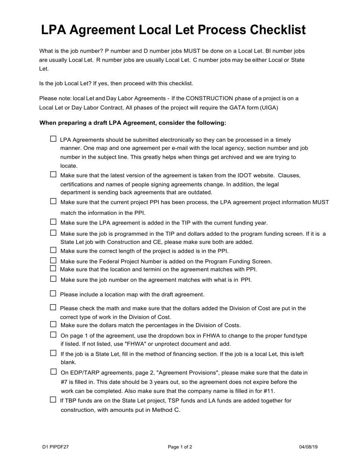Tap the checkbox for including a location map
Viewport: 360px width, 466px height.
tap(53, 294)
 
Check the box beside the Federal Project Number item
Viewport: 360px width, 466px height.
tap(53, 261)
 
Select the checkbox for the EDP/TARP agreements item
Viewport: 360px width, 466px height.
tap(53, 372)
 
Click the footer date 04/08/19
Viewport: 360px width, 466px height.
tap(308, 447)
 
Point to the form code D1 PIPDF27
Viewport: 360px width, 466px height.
tap(56, 447)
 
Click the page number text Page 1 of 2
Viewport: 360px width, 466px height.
tap(180, 447)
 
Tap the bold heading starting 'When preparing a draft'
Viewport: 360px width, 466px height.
tap(133, 123)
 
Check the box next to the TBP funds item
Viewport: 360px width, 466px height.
tap(53, 400)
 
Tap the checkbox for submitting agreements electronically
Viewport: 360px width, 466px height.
tap(53, 139)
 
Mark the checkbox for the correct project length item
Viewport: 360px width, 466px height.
tap(53, 250)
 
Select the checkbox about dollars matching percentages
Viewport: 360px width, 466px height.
tap(53, 324)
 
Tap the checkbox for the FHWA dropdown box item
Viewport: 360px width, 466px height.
tap(53, 335)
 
